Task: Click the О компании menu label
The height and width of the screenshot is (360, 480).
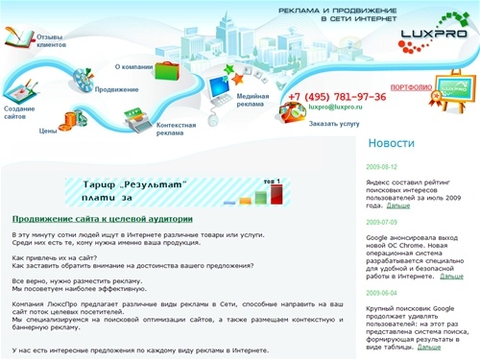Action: tap(133, 67)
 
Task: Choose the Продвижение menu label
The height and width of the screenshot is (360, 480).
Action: tap(116, 89)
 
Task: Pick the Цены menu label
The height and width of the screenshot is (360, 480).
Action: tap(47, 130)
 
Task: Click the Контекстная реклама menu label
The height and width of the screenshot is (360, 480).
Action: tap(176, 129)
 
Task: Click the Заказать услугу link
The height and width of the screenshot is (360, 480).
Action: tap(334, 124)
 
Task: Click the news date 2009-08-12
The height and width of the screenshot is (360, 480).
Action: tap(381, 166)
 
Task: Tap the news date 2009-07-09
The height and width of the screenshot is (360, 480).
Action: tap(381, 222)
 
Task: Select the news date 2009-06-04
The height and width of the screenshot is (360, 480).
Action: tap(381, 292)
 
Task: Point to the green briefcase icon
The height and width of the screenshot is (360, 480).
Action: tap(166, 69)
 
